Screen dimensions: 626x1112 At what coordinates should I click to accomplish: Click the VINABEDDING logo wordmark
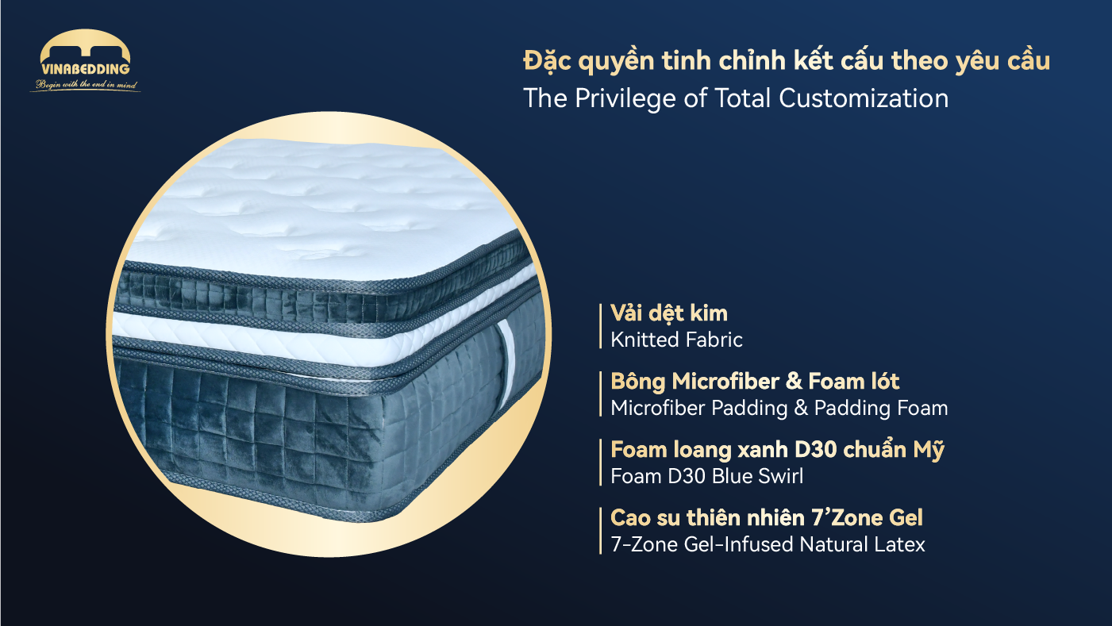(85, 70)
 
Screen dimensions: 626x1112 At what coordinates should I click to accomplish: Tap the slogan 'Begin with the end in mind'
(85, 85)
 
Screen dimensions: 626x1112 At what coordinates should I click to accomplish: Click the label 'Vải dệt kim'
(668, 313)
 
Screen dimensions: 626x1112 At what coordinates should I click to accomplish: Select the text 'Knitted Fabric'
(676, 340)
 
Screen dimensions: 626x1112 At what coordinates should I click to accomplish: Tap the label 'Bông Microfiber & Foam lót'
(755, 382)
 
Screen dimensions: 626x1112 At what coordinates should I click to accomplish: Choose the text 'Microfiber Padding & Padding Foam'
(779, 409)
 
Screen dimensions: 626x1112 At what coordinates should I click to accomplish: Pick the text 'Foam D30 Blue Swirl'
(706, 476)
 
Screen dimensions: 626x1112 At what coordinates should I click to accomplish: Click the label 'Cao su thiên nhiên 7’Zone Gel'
(767, 518)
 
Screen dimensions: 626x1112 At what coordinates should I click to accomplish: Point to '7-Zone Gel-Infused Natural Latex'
(768, 545)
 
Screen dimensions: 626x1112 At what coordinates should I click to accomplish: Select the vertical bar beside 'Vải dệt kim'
(601, 326)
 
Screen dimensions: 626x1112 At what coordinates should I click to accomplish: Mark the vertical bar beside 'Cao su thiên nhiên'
(601, 532)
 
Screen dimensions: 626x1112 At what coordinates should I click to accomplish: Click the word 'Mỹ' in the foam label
(929, 450)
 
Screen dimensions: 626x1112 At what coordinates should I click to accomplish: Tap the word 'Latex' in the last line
(900, 545)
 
